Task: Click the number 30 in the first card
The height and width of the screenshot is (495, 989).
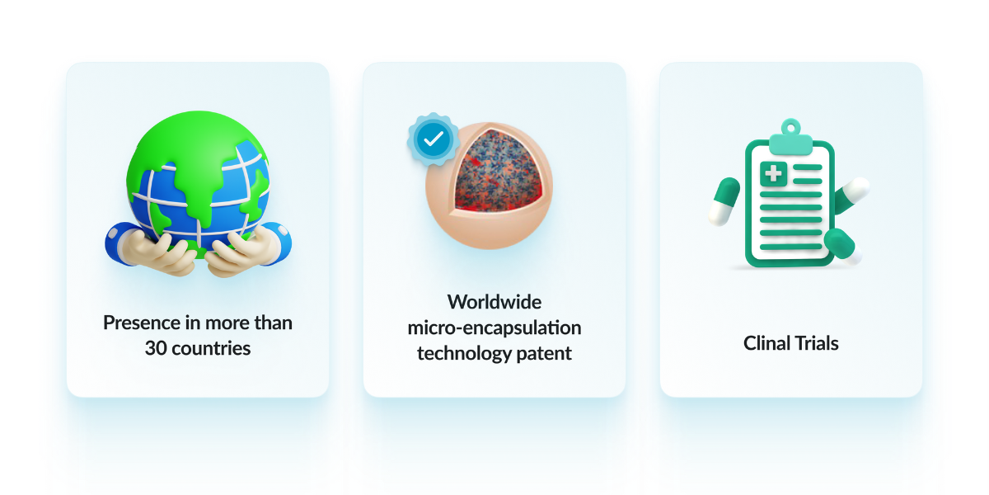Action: (156, 348)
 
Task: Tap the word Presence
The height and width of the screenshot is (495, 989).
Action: (141, 323)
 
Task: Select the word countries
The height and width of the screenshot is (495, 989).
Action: (211, 349)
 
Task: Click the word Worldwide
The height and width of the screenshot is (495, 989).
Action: (494, 302)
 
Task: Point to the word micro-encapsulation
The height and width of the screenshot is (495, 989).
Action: (494, 328)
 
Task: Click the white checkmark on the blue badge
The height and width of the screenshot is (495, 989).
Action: (434, 139)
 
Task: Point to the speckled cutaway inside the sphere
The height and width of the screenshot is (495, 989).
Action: (497, 172)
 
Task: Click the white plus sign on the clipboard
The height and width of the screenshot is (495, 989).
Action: (773, 173)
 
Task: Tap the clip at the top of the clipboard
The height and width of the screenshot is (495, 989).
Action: (790, 138)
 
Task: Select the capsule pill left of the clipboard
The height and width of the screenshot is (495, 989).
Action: (724, 201)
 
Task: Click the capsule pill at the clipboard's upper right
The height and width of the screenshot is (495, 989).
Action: (852, 195)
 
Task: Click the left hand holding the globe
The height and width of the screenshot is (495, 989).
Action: (152, 251)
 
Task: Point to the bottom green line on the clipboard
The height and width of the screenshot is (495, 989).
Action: (790, 247)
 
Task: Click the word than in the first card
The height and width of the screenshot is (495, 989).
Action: (274, 323)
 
